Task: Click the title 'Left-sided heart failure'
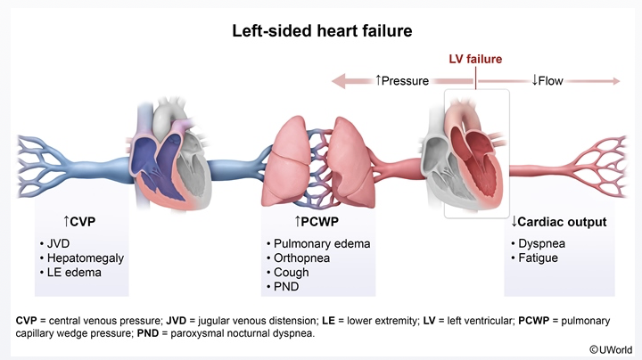point(320,31)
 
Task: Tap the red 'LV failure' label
point(474,60)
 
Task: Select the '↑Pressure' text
point(402,81)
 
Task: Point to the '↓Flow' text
point(547,81)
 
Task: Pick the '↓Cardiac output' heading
point(559,221)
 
